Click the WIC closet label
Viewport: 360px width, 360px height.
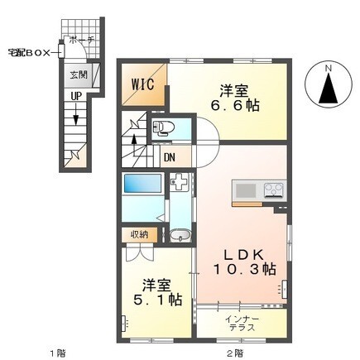click(142, 84)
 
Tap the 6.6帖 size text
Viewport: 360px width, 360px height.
click(235, 105)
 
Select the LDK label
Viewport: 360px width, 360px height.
click(244, 256)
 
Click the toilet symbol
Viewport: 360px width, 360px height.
click(164, 128)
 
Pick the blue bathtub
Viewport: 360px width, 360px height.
click(142, 183)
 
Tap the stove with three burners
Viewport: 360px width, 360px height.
click(274, 190)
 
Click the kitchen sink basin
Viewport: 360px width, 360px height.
click(246, 190)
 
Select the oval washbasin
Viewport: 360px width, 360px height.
click(180, 236)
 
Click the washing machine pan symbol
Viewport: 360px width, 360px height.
click(180, 182)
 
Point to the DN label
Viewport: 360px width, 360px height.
click(170, 157)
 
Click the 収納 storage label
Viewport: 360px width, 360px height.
click(139, 234)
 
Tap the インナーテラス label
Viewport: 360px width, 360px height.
click(242, 324)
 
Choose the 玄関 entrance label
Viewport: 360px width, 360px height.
click(79, 74)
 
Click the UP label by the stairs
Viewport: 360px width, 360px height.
click(76, 96)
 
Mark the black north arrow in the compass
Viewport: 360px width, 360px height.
click(329, 89)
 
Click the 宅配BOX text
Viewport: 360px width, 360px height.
click(29, 53)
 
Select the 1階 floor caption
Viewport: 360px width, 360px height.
click(58, 353)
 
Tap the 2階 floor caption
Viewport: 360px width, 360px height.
click(236, 353)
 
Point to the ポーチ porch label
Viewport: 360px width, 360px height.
click(81, 40)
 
